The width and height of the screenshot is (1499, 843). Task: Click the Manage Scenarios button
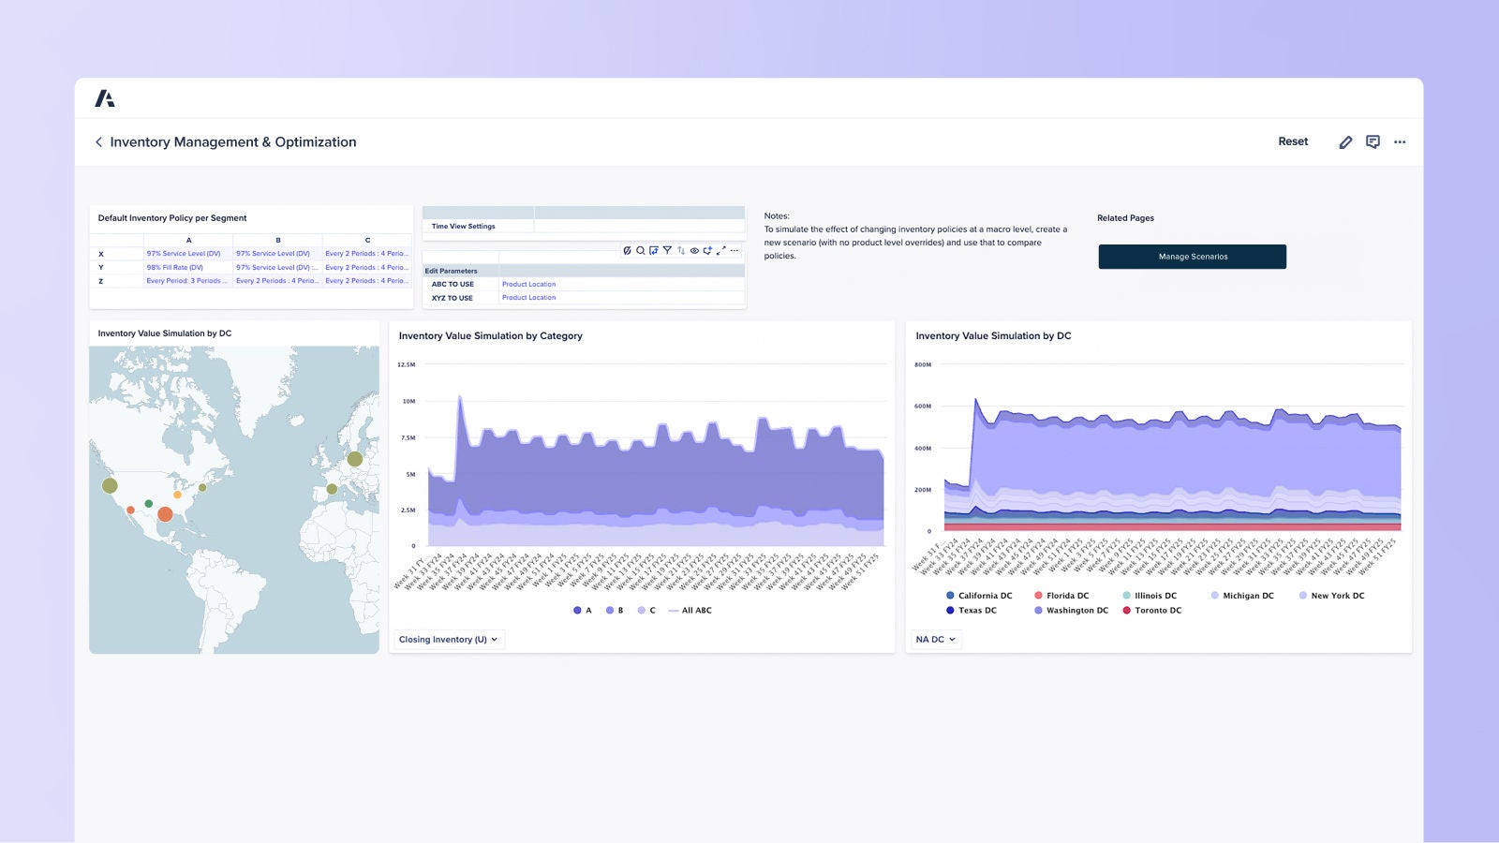click(x=1192, y=257)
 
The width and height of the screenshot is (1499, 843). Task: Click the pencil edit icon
click(x=1345, y=142)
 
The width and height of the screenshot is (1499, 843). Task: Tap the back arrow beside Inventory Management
click(x=98, y=142)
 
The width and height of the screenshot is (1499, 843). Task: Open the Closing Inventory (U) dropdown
click(x=448, y=640)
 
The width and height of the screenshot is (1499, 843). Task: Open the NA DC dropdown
click(x=935, y=640)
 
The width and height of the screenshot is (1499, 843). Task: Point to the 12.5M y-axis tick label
click(x=407, y=364)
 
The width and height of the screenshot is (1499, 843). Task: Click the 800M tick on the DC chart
click(x=923, y=364)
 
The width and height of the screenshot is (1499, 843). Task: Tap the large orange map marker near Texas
click(x=165, y=513)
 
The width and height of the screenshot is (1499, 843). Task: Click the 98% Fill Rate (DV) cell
click(x=174, y=267)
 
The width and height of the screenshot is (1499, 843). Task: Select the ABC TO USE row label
click(x=453, y=284)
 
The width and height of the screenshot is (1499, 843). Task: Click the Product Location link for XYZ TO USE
click(x=528, y=298)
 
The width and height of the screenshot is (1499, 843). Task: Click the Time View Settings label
click(x=463, y=226)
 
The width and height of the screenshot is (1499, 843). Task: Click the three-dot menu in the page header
click(x=1400, y=142)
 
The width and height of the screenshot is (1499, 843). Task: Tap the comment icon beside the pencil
click(x=1373, y=142)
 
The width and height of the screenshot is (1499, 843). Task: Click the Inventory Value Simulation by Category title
click(x=490, y=336)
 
